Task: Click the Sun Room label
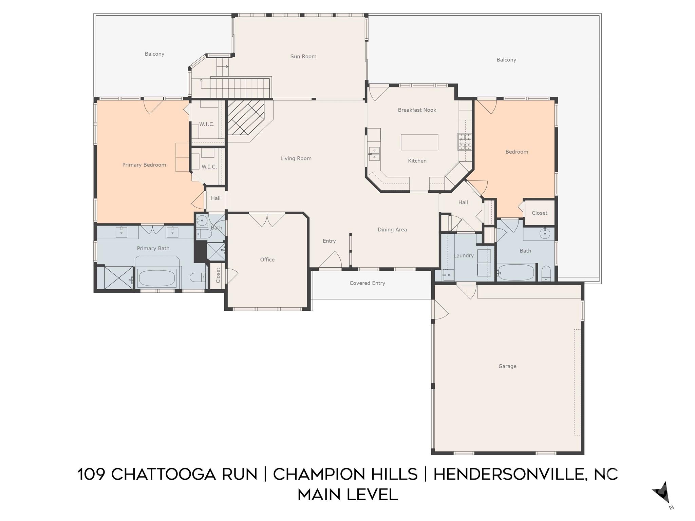303,57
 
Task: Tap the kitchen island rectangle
419,142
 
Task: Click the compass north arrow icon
662,494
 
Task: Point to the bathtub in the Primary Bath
156,278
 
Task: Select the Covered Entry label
367,283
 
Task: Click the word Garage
507,366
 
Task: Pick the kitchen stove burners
465,142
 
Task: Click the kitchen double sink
374,154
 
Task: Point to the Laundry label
464,256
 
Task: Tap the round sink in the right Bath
544,233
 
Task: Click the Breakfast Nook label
417,110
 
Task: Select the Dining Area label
392,230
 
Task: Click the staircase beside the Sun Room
240,88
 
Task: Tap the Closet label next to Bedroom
539,213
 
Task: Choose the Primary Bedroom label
144,165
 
